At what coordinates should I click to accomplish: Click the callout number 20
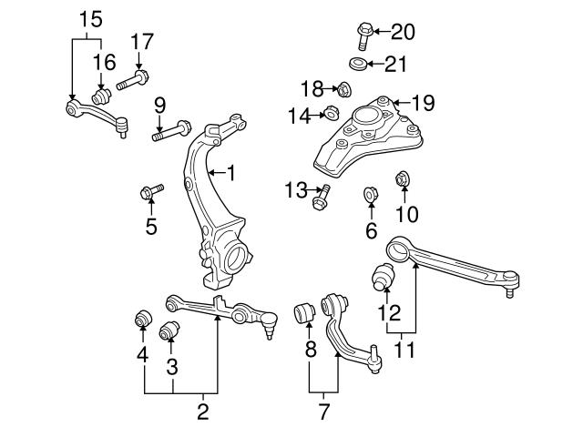coord(403,33)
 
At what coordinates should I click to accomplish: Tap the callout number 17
coord(142,41)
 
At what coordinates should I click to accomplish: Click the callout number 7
coord(324,411)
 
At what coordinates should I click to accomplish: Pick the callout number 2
coord(201,411)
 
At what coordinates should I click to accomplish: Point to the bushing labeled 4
coord(142,319)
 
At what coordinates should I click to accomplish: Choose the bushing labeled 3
coord(169,330)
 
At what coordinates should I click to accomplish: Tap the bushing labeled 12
coord(383,275)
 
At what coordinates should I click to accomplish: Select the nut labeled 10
coord(402,180)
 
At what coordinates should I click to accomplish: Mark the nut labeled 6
coord(372,194)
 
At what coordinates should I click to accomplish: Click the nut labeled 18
coord(345,89)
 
